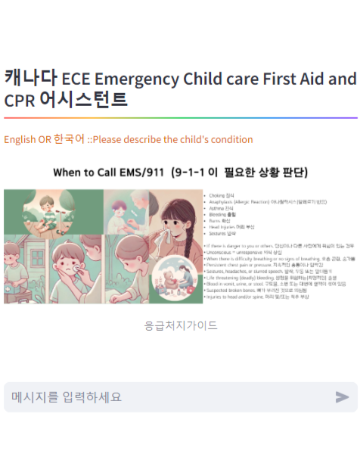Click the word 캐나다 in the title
tap(30, 78)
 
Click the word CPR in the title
tap(19, 101)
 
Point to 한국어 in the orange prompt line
tap(70, 139)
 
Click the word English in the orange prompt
tap(20, 139)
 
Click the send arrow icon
tap(342, 397)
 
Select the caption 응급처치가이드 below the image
tap(181, 325)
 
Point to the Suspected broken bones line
tap(257, 290)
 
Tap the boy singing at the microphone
tap(45, 212)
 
